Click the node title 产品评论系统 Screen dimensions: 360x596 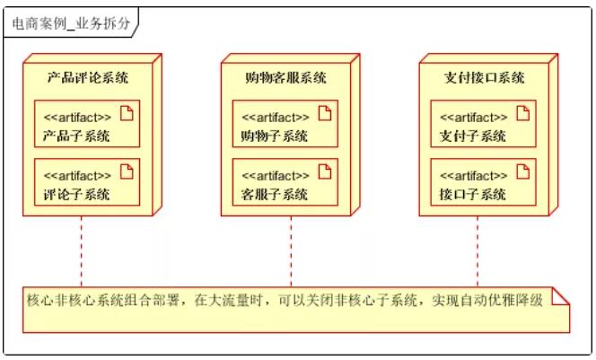click(88, 78)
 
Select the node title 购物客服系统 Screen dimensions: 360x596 click(285, 78)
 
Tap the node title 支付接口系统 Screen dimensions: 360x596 click(483, 78)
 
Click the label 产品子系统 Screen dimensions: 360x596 click(76, 136)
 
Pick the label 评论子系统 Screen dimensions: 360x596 click(76, 194)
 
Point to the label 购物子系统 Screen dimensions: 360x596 click(274, 136)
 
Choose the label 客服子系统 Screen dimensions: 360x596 click(274, 194)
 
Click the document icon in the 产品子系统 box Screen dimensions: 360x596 click(127, 114)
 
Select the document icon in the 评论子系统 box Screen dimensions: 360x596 click(127, 171)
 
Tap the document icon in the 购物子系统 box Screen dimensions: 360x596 click(324, 114)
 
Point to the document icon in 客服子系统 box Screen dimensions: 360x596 click(324, 171)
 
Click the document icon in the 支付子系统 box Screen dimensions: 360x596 click(522, 114)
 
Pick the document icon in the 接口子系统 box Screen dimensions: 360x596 click(522, 171)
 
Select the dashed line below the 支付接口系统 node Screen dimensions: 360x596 click(478, 251)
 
